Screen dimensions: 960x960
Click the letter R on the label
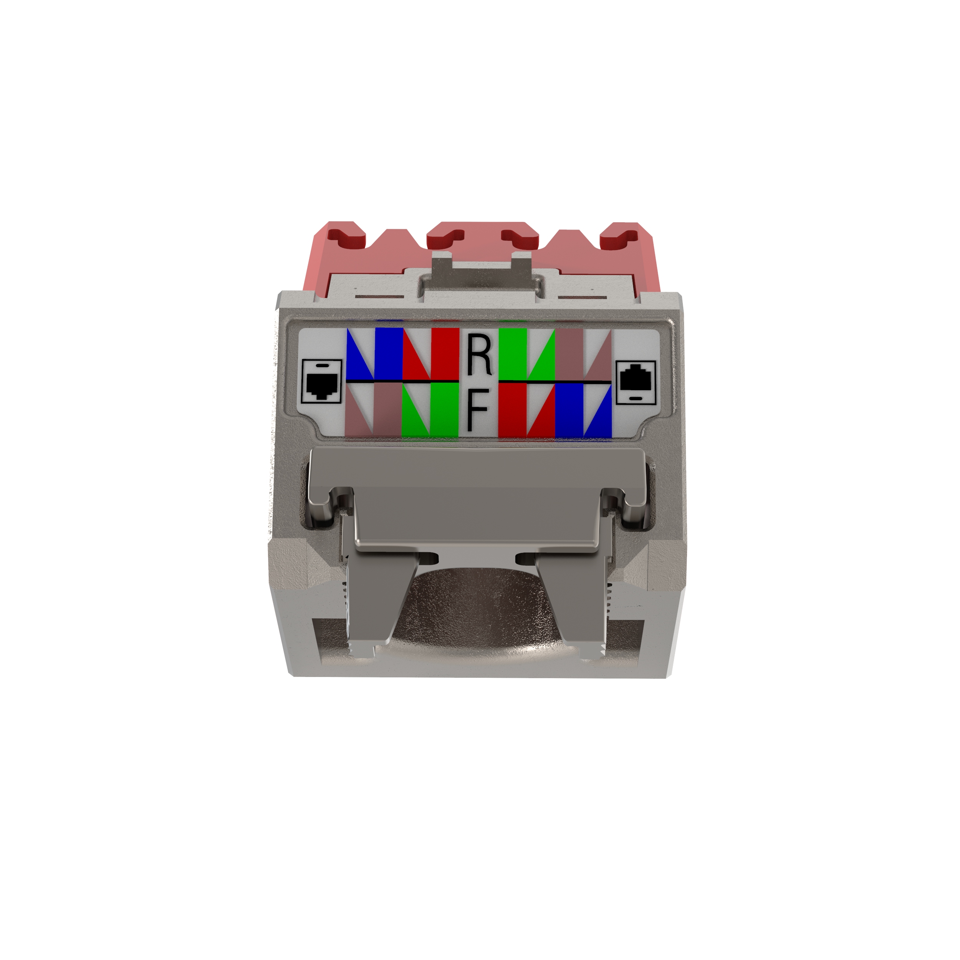pyautogui.click(x=479, y=354)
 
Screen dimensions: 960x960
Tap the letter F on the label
pyautogui.click(x=478, y=410)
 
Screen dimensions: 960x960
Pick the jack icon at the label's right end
pyautogui.click(x=636, y=382)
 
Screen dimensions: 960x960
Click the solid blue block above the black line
pyautogui.click(x=389, y=353)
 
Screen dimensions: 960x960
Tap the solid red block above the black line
pyautogui.click(x=445, y=353)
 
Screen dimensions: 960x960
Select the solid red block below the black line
pyautogui.click(x=512, y=410)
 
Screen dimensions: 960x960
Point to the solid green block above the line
pyautogui.click(x=512, y=353)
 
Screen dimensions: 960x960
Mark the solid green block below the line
pyautogui.click(x=445, y=410)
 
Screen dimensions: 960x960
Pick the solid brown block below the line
pyautogui.click(x=389, y=410)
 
